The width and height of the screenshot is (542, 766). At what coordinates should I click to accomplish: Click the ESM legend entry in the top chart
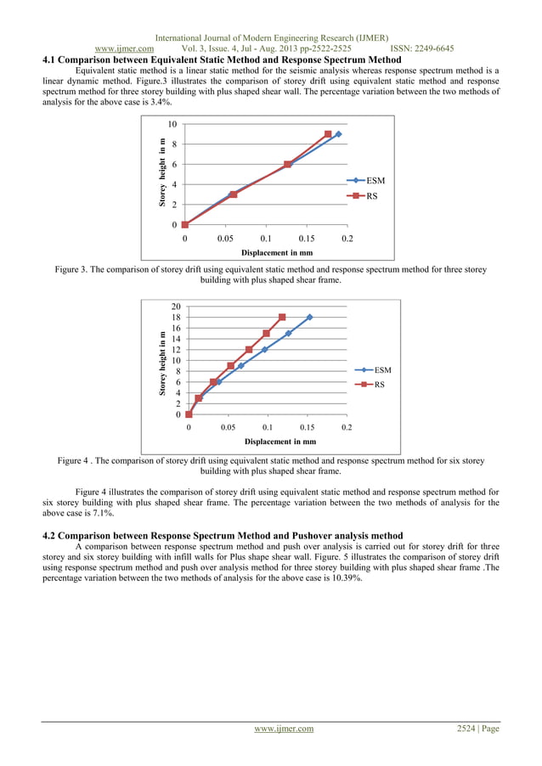pos(374,181)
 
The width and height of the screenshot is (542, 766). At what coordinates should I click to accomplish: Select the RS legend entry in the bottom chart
pos(378,385)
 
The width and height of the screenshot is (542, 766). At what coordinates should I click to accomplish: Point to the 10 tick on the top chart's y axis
pos(172,124)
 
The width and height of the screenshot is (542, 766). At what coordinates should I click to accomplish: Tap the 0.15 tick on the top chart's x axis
pos(307,239)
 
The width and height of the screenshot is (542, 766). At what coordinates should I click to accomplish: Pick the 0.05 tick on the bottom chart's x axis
pos(228,429)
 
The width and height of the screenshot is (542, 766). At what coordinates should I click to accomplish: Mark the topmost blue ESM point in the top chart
pos(338,134)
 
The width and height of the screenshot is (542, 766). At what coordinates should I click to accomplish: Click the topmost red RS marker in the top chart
pos(328,134)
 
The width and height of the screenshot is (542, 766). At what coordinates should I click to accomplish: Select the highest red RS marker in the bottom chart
pos(282,318)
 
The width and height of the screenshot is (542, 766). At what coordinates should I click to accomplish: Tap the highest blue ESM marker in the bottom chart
pos(309,318)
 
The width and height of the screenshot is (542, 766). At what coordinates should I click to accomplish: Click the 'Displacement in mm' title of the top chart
pos(276,252)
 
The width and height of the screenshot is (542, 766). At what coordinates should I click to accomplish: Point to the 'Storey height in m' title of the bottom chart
pos(161,365)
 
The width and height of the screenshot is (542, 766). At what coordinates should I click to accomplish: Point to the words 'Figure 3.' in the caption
pos(72,269)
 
